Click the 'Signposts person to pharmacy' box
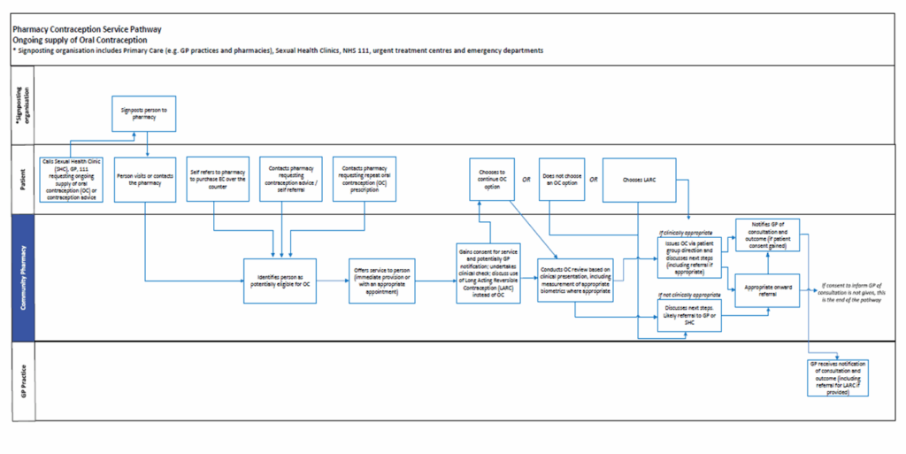[x=145, y=114]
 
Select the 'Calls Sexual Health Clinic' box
[x=72, y=180]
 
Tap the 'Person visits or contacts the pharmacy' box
[x=145, y=180]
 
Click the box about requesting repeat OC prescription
[x=364, y=180]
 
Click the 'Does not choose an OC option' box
[x=560, y=180]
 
